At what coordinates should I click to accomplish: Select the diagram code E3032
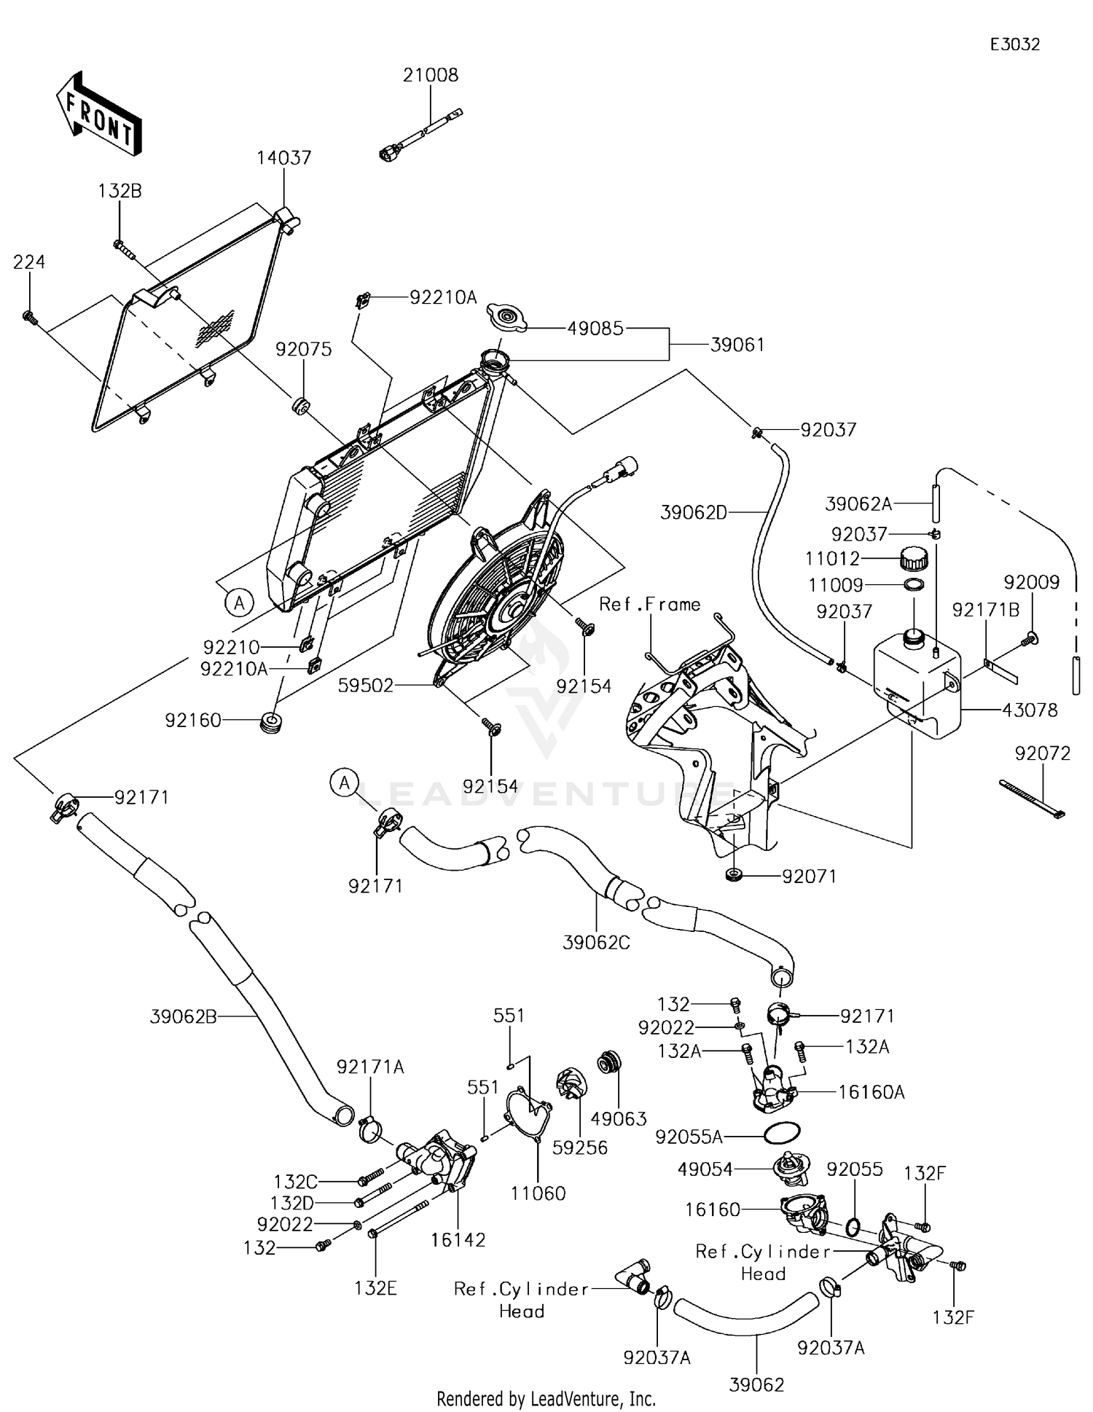[x=1014, y=44]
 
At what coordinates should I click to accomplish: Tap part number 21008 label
[x=431, y=75]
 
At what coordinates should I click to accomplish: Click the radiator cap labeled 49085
[x=506, y=318]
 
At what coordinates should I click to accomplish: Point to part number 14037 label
[x=283, y=158]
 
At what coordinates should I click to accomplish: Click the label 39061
[x=737, y=345]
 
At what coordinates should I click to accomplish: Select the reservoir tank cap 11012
[x=914, y=560]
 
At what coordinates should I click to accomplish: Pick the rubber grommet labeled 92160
[x=273, y=725]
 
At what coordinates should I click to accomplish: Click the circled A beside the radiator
[x=238, y=603]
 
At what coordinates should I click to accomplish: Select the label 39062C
[x=596, y=942]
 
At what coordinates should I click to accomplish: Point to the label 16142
[x=458, y=1239]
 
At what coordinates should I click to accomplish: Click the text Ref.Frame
[x=649, y=604]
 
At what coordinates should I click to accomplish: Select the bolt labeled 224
[x=30, y=317]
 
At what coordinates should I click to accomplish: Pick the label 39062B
[x=184, y=1016]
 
